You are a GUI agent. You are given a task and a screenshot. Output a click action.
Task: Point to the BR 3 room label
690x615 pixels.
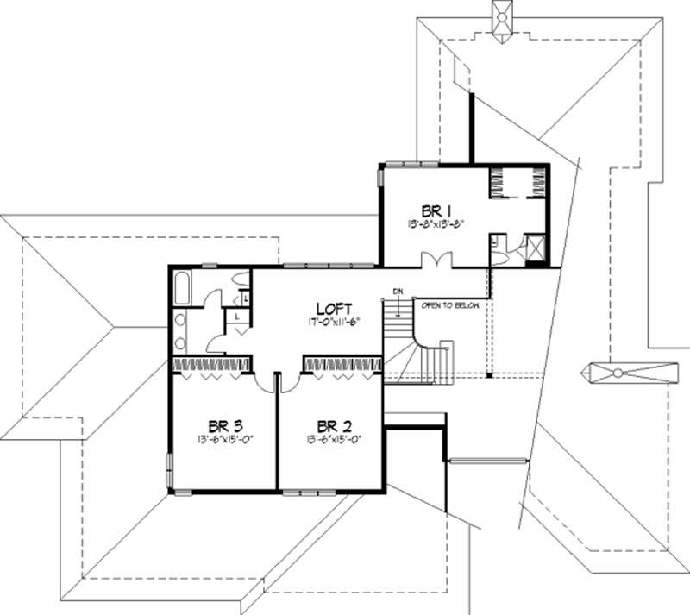coord(224,425)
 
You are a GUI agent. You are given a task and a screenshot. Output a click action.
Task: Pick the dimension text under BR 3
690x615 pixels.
coord(224,439)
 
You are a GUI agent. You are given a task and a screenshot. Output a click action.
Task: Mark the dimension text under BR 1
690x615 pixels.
coord(438,223)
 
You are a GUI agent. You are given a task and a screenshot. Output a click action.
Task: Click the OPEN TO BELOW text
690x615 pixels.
coord(449,305)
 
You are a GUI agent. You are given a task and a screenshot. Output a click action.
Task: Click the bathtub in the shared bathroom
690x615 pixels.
coord(183,286)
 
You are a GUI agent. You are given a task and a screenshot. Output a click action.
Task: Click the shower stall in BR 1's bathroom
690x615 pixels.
coord(533,248)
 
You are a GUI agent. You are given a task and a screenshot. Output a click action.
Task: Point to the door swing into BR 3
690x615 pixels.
coord(262,380)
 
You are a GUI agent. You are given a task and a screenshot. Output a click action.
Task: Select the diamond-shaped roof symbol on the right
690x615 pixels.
coord(617,373)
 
